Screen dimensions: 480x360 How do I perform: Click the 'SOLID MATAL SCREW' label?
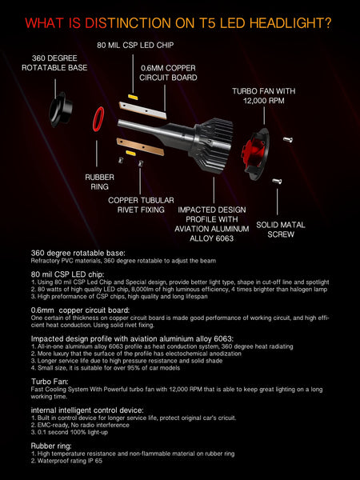(281, 230)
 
